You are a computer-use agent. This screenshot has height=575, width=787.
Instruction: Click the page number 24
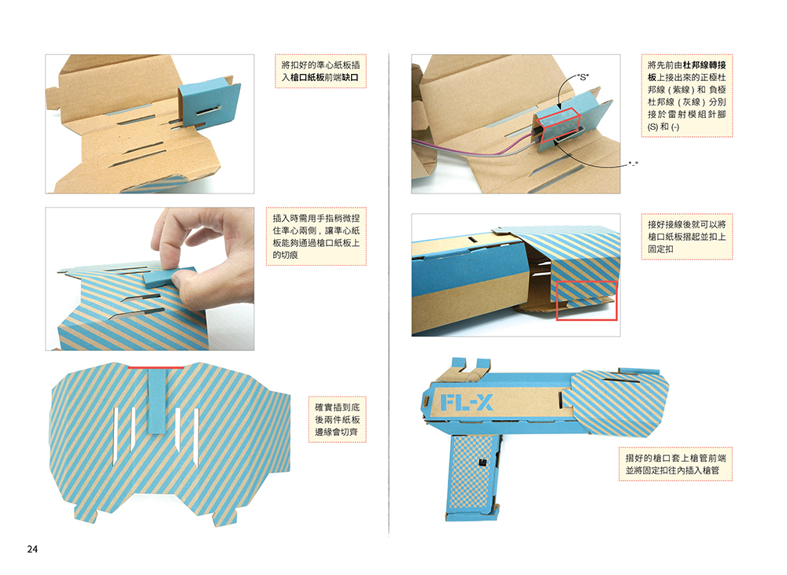[x=32, y=549]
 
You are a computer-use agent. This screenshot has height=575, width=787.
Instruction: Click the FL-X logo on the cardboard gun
[x=467, y=403]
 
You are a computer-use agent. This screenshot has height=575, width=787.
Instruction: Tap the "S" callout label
[x=582, y=77]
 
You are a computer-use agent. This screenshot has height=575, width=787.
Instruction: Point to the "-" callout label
[x=633, y=164]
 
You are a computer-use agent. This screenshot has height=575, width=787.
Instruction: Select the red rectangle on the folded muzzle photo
[x=587, y=300]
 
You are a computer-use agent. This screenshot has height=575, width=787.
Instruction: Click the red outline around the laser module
[x=557, y=125]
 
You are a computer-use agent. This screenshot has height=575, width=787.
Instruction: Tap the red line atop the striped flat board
[x=156, y=368]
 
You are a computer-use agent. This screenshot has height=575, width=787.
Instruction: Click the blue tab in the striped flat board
[x=157, y=400]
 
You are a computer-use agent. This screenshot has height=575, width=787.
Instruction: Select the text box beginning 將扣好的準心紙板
[x=320, y=72]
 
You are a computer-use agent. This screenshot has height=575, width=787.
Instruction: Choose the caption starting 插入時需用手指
[x=316, y=236]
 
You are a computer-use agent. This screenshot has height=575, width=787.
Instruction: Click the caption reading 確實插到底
[x=338, y=419]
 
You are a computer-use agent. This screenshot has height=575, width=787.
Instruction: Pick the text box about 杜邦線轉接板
[x=686, y=95]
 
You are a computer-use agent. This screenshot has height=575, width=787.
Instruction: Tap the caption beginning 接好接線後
[x=686, y=236]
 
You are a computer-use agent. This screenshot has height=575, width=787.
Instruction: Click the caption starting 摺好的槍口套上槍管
[x=675, y=464]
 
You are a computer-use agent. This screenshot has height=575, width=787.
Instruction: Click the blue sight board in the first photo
[x=209, y=105]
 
